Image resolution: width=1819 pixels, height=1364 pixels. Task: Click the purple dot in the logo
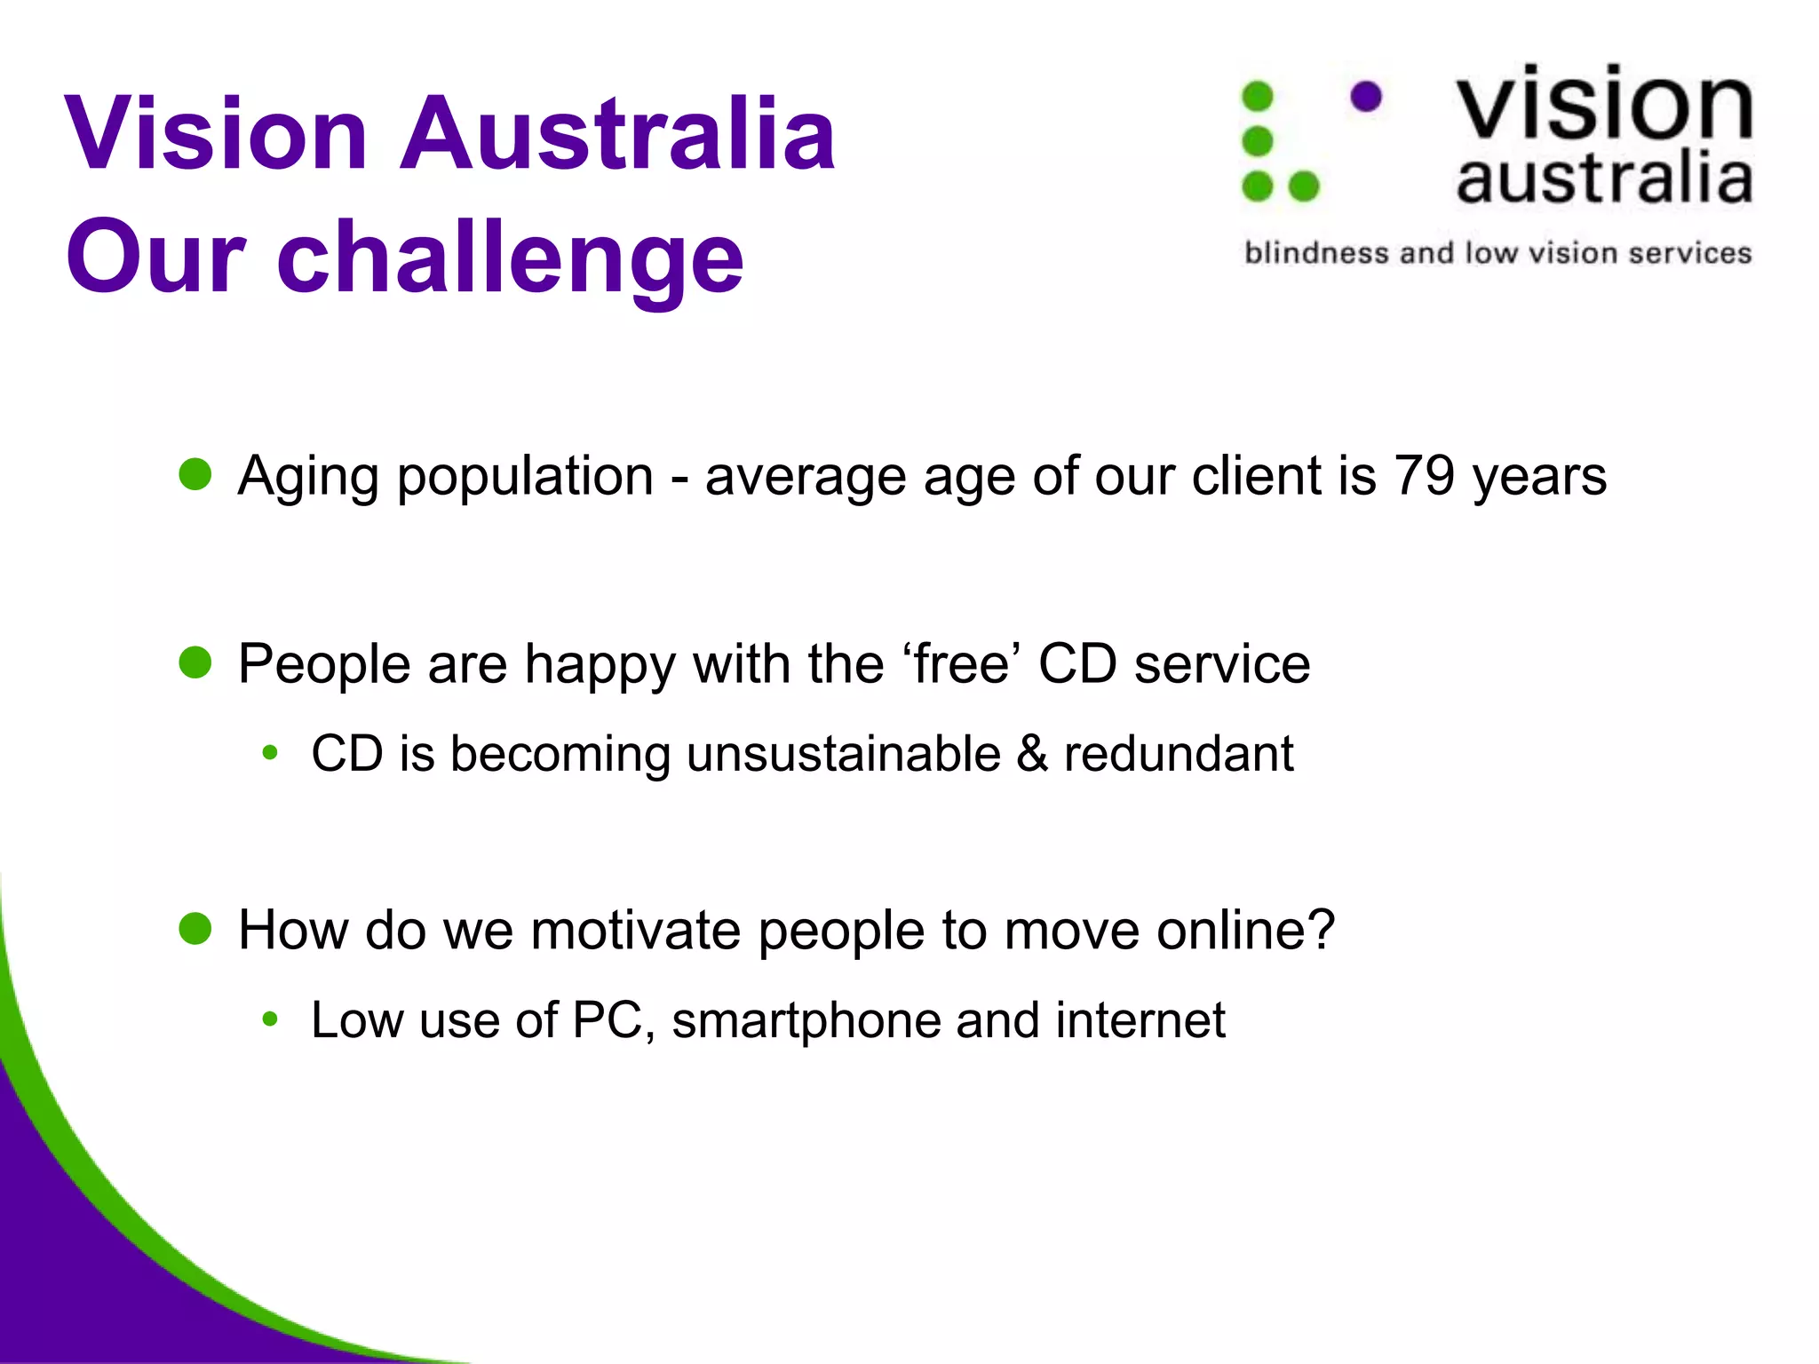[x=1366, y=96]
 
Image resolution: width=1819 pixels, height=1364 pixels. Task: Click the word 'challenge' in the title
[x=511, y=258]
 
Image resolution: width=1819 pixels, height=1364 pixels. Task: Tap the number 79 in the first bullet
[x=1424, y=476]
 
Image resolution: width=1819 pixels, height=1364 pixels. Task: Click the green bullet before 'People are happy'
[x=195, y=662]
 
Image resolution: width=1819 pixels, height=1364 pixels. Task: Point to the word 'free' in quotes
[x=961, y=663]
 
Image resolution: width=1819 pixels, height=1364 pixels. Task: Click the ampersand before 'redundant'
[x=1032, y=754]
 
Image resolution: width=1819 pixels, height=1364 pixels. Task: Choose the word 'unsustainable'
[x=844, y=754]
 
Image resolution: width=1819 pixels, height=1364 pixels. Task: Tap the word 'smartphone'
[x=806, y=1020]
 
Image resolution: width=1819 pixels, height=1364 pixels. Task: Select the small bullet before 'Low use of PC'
[x=270, y=1019]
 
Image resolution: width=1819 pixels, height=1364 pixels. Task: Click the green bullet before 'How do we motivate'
[x=195, y=929]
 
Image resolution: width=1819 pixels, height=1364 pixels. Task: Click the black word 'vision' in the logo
[x=1603, y=104]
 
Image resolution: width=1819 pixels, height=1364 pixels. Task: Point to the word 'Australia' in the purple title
[x=617, y=133]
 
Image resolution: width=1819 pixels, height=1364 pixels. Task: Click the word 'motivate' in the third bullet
[x=635, y=930]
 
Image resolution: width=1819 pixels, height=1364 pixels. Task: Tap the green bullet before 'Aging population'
[x=195, y=474]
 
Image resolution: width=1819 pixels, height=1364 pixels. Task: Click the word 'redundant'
[x=1178, y=754]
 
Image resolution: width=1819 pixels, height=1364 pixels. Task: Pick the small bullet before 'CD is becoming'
[x=270, y=754]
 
